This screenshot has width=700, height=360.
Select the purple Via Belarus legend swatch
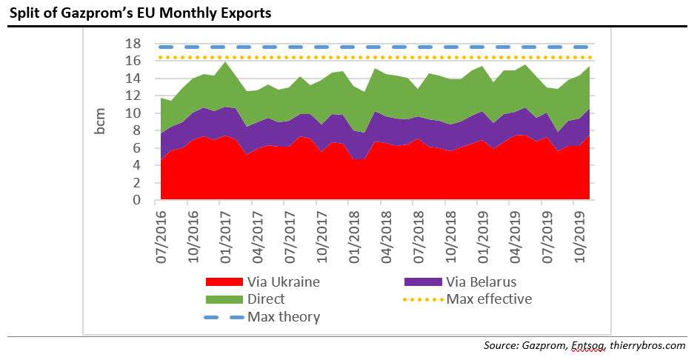pyautogui.click(x=423, y=281)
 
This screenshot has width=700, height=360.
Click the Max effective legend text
pyautogui.click(x=490, y=299)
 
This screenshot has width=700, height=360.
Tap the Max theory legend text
pyautogui.click(x=284, y=317)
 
